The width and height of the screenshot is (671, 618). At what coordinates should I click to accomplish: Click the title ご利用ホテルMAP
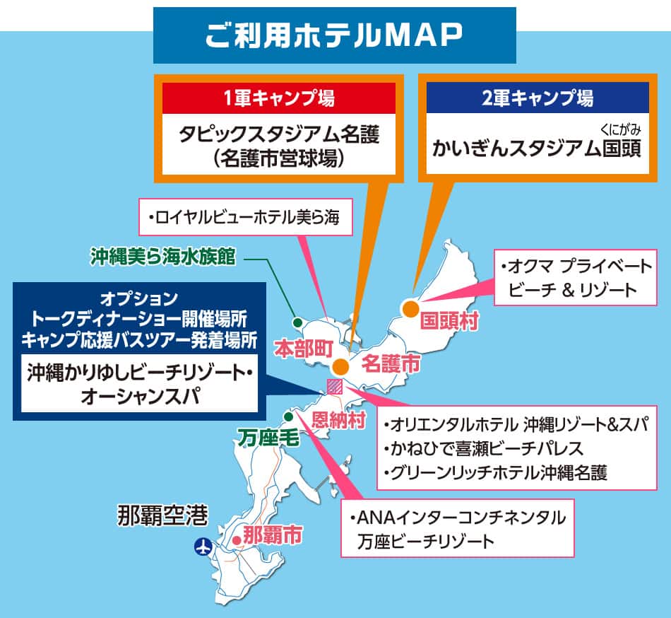pyautogui.click(x=334, y=35)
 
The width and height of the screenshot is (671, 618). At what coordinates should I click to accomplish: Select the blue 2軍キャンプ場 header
pyautogui.click(x=537, y=98)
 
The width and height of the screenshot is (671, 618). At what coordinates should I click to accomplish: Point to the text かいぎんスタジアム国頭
pyautogui.click(x=537, y=150)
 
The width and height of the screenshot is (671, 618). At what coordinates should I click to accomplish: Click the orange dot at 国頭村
pyautogui.click(x=410, y=308)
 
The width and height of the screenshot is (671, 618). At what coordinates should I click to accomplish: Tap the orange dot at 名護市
pyautogui.click(x=340, y=367)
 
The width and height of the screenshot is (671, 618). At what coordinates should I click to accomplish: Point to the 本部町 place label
pyautogui.click(x=304, y=347)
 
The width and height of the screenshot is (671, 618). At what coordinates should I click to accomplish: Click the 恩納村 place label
pyautogui.click(x=339, y=421)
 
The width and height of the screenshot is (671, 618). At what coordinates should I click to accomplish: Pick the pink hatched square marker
pyautogui.click(x=334, y=386)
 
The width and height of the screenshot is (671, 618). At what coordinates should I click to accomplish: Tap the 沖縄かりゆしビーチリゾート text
pyautogui.click(x=138, y=372)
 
